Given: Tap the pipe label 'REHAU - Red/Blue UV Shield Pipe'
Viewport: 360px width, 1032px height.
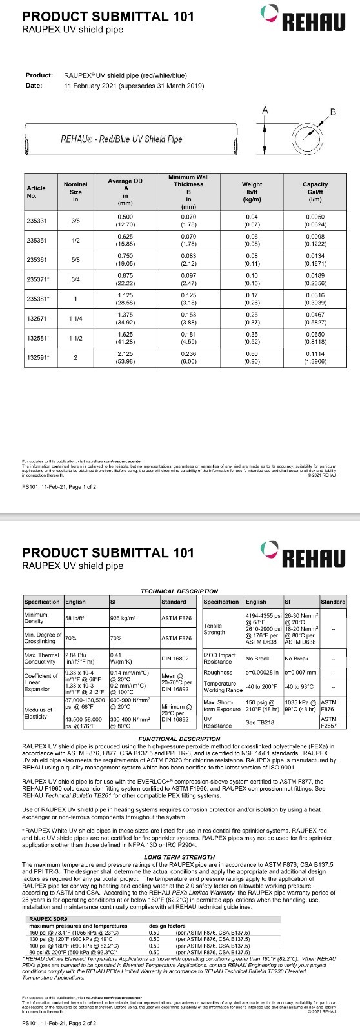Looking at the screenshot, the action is [x=121, y=139].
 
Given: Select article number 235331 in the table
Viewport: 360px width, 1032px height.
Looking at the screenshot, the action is [x=37, y=220].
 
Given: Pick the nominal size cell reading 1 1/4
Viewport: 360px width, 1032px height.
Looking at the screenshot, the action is [x=75, y=319].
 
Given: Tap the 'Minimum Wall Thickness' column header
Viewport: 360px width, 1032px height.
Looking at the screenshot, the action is [x=188, y=192].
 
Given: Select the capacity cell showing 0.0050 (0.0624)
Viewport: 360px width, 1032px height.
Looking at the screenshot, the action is [x=315, y=220].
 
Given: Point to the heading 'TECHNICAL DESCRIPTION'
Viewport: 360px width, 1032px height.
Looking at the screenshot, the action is [x=179, y=591].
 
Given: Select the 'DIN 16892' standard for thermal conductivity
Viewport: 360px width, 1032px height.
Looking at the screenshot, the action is [x=174, y=659].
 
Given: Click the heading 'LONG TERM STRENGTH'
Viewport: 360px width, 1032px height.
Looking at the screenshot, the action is [x=179, y=857].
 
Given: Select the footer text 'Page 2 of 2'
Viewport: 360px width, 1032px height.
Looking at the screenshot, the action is [x=81, y=1023].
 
